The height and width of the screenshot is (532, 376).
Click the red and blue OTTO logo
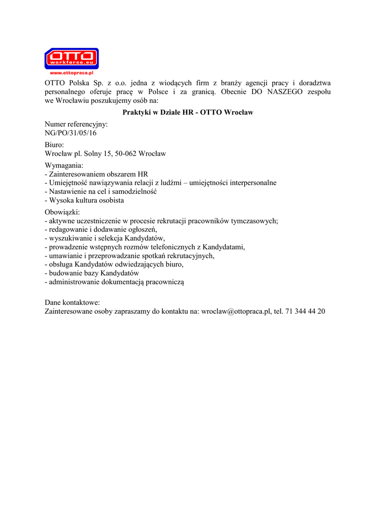pyautogui.click(x=71, y=58)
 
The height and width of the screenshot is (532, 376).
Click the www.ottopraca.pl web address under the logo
pyautogui.click(x=71, y=73)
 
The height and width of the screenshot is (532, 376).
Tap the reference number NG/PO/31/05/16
pyautogui.click(x=71, y=133)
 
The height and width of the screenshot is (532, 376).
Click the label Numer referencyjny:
pyautogui.click(x=76, y=125)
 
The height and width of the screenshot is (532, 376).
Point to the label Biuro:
pyautogui.click(x=54, y=145)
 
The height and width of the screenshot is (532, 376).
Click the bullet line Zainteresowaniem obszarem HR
pyautogui.click(x=98, y=174)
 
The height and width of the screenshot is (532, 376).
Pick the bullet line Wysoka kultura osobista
pyautogui.click(x=86, y=200)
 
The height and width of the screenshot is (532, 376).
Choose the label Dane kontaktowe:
pyautogui.click(x=72, y=302)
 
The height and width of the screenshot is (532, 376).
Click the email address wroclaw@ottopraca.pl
pyautogui.click(x=236, y=311)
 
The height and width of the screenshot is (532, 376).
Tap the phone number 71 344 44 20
pyautogui.click(x=305, y=311)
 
